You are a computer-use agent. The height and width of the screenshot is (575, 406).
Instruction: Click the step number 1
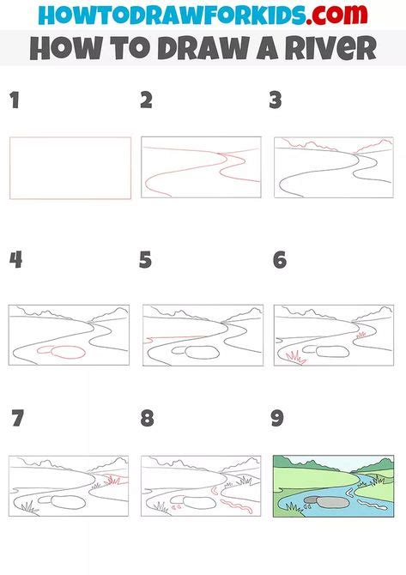pyautogui.click(x=14, y=100)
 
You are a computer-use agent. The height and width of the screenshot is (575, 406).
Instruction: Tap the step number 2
pyautogui.click(x=146, y=100)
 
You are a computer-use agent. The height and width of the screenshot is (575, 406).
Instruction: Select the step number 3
pyautogui.click(x=276, y=100)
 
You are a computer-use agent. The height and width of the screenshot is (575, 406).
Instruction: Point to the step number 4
pyautogui.click(x=15, y=259)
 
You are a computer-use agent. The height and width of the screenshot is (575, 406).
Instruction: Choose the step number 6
pyautogui.click(x=279, y=259)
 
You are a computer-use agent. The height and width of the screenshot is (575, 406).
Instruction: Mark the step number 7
pyautogui.click(x=18, y=419)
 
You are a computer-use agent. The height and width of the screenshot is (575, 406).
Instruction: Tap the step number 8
pyautogui.click(x=147, y=419)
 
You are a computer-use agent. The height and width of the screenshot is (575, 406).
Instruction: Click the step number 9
pyautogui.click(x=277, y=419)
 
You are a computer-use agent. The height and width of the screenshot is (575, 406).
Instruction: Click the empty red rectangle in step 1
pyautogui.click(x=70, y=168)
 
